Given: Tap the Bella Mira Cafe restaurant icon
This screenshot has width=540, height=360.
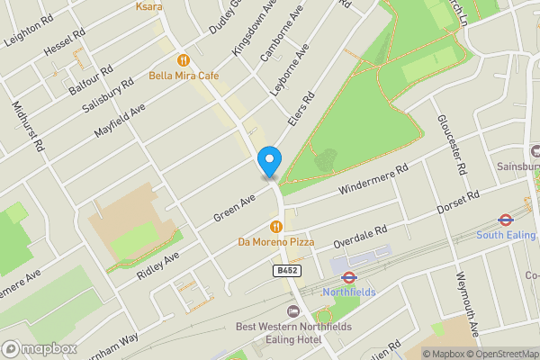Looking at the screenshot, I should [x=183, y=60].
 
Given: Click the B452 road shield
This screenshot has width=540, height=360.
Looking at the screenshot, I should [x=285, y=270].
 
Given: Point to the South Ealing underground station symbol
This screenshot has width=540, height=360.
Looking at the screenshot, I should [x=506, y=220].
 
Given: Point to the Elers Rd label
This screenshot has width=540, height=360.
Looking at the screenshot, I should [x=301, y=111].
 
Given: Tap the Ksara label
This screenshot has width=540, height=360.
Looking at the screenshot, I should [x=148, y=6].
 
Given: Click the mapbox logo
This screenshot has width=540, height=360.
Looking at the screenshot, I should [x=39, y=348].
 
